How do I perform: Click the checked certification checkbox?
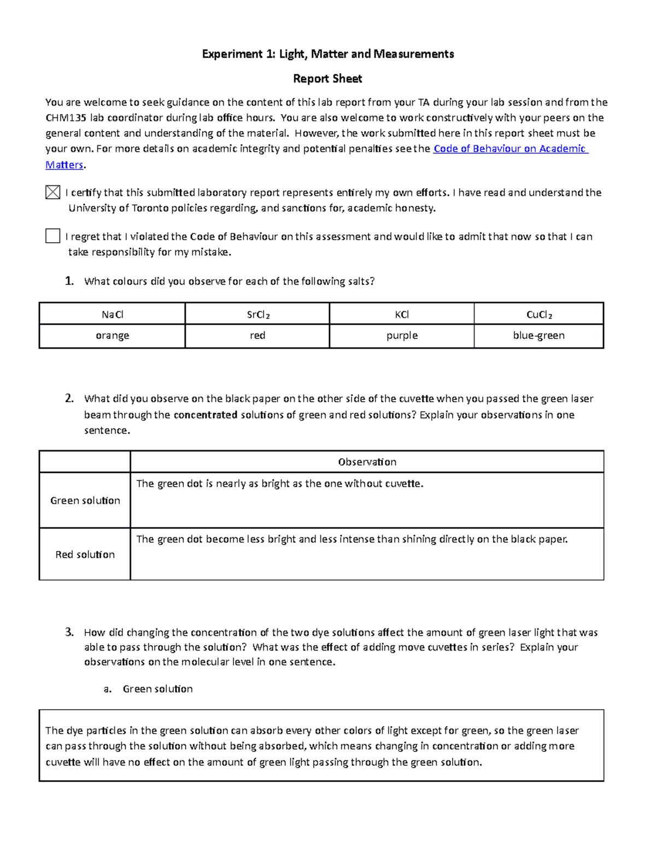coord(52,192)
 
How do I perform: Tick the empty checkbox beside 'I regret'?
coord(52,236)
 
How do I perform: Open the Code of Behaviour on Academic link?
coord(510,149)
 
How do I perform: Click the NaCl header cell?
coord(112,314)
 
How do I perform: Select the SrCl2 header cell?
coord(257,314)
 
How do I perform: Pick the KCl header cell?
coord(402,314)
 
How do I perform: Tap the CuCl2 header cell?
coord(538,314)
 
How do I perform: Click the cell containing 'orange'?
coord(112,336)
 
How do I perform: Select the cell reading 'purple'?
coord(402,336)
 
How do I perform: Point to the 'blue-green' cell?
coord(538,336)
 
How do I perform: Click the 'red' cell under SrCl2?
coord(257,336)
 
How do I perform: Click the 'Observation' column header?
coord(367,462)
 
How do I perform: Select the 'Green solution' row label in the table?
coord(85,500)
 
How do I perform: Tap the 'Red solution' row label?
coord(85,554)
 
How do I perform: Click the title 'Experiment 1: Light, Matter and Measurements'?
coord(327,54)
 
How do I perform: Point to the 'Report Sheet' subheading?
coord(327,79)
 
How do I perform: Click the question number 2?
coord(69,399)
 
